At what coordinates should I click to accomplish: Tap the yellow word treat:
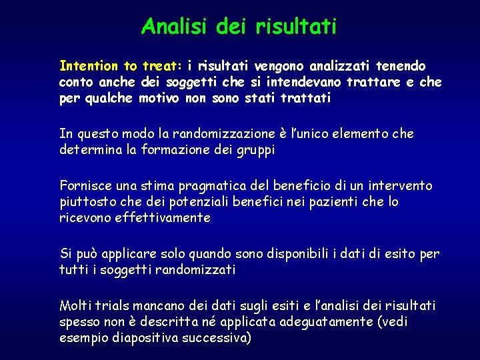point(162,66)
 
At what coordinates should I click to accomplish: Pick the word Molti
point(75,306)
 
